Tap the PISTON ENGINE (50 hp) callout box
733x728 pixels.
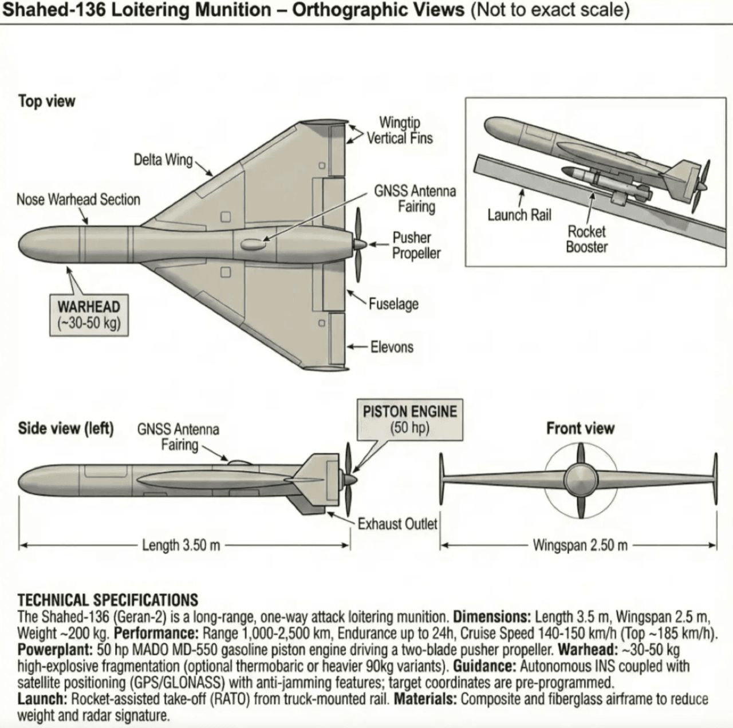pos(409,419)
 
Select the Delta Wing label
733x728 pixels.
pos(163,160)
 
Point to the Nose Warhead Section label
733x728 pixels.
pos(78,200)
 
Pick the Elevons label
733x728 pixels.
pos(392,347)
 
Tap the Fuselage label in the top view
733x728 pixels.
pos(393,304)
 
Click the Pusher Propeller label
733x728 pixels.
pos(416,246)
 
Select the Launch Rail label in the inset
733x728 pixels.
pos(519,215)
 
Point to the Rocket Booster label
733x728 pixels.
pos(586,239)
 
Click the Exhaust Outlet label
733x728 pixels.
pos(397,524)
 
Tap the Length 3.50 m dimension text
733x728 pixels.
pos(181,545)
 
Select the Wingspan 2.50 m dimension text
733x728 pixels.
pos(580,545)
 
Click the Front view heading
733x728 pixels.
pos(580,428)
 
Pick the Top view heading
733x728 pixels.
pos(46,101)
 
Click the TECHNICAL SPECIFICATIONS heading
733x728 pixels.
pos(108,600)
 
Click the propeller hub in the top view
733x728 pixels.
pos(360,244)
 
